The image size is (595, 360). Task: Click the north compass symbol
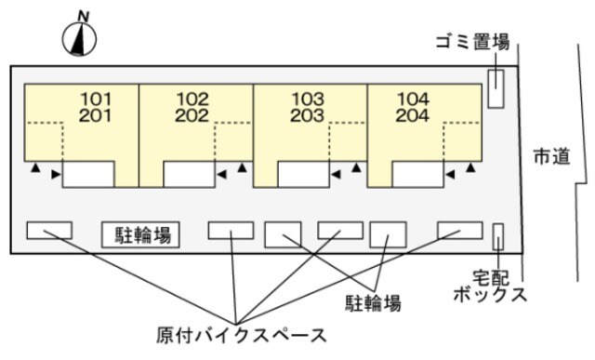[x=81, y=38]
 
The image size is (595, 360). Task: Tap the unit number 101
[x=97, y=98]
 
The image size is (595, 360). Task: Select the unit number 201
[x=97, y=115]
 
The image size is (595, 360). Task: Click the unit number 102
[x=192, y=98]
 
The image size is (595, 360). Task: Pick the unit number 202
[x=192, y=115]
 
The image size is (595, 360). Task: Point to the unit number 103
[x=307, y=98]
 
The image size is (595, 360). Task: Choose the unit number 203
[x=307, y=115]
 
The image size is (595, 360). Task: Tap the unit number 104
[x=412, y=98]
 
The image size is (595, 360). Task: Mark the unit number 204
[x=412, y=115]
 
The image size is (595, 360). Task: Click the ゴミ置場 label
[x=472, y=42]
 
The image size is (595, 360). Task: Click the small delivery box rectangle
[x=498, y=236]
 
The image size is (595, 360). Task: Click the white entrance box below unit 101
[x=88, y=174]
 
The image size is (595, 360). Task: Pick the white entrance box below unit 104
[x=417, y=174]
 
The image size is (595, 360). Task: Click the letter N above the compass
[x=84, y=16]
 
